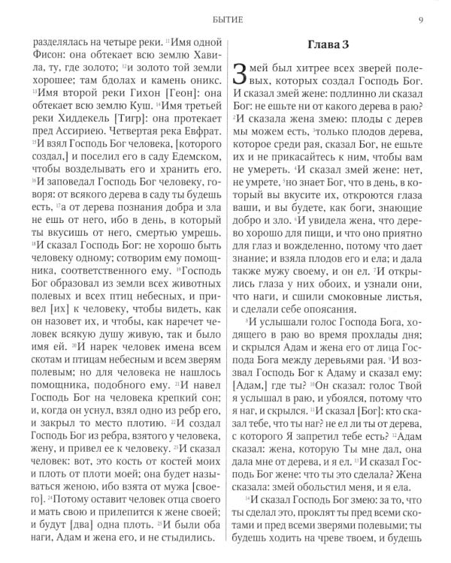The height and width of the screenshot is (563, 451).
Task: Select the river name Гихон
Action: tap(122, 96)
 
